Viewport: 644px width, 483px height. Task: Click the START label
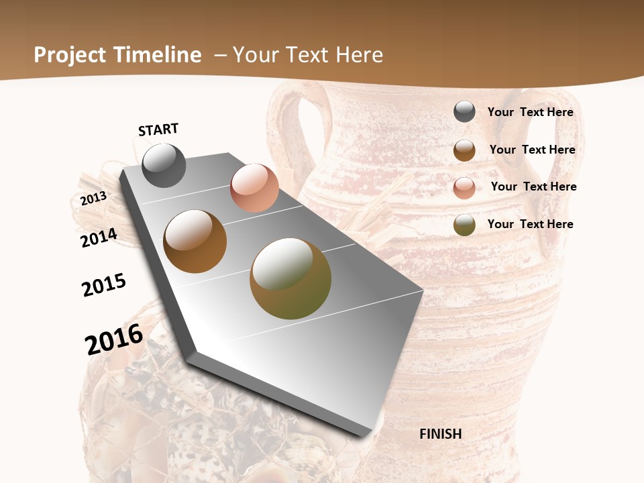[x=158, y=129]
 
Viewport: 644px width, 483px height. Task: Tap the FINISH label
[x=440, y=434]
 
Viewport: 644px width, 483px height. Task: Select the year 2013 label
[x=93, y=199]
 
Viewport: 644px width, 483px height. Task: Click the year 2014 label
[x=99, y=238]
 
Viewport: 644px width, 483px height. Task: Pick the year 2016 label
[x=114, y=339]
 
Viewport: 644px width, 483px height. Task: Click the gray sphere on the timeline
[x=164, y=165]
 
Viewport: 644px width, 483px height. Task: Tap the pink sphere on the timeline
[x=254, y=188]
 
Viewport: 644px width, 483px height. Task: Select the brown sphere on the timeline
[x=195, y=241]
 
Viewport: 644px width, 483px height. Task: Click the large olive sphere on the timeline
[x=290, y=278]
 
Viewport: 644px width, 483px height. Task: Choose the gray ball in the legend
[x=464, y=112]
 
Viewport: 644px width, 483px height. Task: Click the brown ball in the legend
[x=464, y=150]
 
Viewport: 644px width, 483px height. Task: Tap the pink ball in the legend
[x=464, y=187]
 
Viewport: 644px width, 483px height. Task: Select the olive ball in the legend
[x=464, y=225]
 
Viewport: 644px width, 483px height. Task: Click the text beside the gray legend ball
[x=530, y=112]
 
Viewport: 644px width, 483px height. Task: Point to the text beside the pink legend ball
[x=533, y=186]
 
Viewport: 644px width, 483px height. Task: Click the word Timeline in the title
[x=158, y=55]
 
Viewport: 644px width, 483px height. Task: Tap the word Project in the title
[x=70, y=55]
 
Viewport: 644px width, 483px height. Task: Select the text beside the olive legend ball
[x=530, y=224]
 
